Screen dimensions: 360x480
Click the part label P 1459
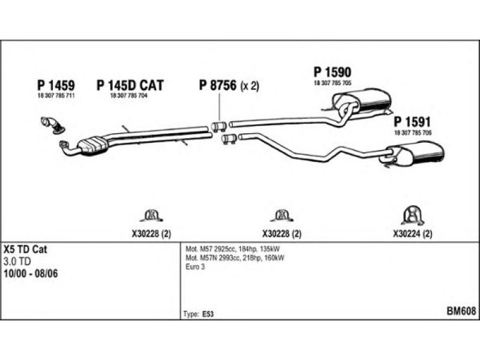click(x=56, y=85)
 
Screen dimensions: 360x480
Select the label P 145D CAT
click(x=130, y=85)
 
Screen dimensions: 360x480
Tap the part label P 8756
click(x=218, y=85)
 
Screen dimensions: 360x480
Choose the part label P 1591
click(x=413, y=121)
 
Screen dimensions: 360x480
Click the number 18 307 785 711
click(x=56, y=97)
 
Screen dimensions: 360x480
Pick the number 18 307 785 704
click(x=129, y=97)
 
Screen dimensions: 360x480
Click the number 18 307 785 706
click(x=413, y=132)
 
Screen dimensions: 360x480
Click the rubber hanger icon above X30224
click(x=412, y=216)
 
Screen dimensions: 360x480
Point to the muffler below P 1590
click(x=367, y=100)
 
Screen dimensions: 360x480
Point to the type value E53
click(x=206, y=314)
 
